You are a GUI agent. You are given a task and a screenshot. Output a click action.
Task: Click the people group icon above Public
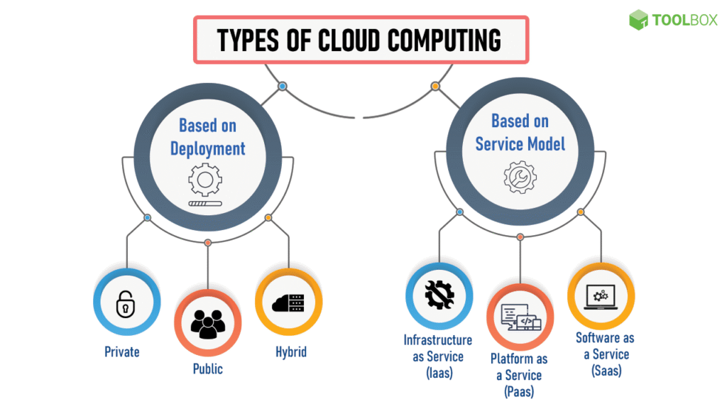point(207,323)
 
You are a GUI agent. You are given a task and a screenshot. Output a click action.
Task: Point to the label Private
point(122,351)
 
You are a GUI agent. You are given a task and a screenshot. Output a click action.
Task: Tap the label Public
point(207,369)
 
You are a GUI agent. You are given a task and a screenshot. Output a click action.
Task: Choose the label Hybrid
point(291,351)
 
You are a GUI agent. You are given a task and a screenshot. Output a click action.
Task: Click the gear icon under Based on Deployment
point(205,180)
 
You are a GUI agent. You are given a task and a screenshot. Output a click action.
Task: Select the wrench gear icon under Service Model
point(520,177)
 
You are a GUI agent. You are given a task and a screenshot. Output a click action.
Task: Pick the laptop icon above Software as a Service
point(601,297)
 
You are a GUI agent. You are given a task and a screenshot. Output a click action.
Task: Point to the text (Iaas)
point(438,373)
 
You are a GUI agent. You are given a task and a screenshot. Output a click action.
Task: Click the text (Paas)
point(519,391)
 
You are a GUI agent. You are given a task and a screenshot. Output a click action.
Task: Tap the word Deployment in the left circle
point(207,148)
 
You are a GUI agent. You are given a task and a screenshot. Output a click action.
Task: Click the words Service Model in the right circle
point(520,144)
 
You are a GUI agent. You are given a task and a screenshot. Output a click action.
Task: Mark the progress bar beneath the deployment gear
point(205,204)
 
